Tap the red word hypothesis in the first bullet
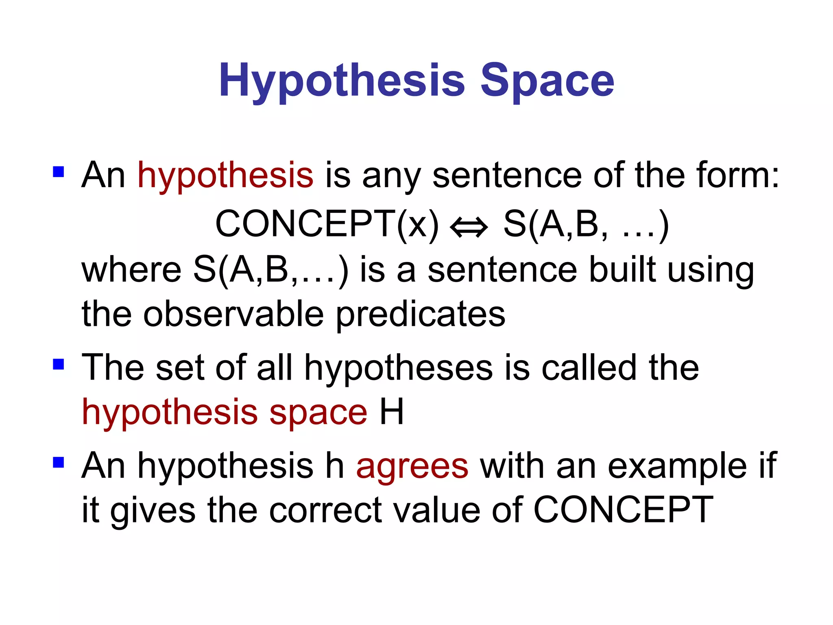click(225, 176)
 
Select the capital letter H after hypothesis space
click(391, 412)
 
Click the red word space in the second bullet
click(318, 413)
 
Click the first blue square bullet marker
click(59, 172)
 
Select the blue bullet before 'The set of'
click(59, 364)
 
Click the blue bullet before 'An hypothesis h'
click(59, 462)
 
